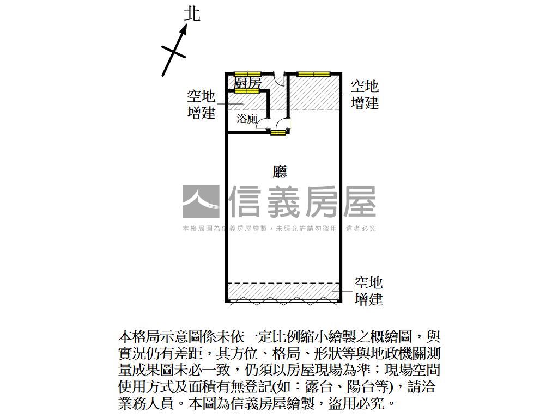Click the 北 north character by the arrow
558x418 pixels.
[x=192, y=14]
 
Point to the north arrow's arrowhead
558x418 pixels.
[x=184, y=28]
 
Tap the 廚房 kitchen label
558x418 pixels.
[x=248, y=83]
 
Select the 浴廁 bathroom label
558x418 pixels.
[x=247, y=119]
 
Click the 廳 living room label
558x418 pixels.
[x=280, y=172]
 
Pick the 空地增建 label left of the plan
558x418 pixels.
[x=201, y=105]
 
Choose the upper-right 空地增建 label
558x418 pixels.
[x=365, y=95]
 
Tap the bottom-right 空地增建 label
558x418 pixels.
[x=368, y=291]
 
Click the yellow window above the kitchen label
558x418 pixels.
[x=248, y=74]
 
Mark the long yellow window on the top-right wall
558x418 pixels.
[x=314, y=74]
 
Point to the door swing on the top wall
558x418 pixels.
[x=279, y=79]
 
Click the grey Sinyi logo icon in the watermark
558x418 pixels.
[x=201, y=202]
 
